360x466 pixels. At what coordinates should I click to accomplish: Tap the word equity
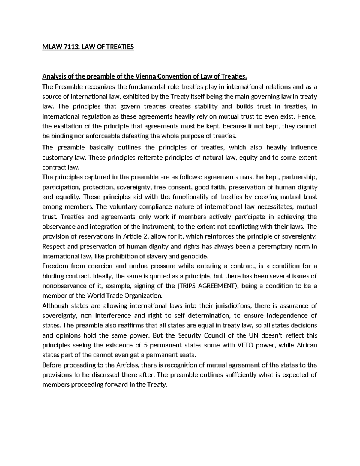(x=249, y=158)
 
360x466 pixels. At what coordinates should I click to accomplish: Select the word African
(x=306, y=345)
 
